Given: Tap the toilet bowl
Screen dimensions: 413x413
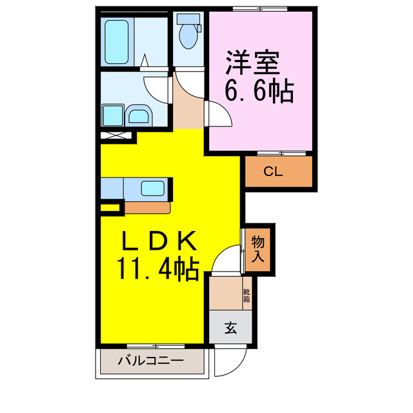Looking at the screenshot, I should [x=189, y=38].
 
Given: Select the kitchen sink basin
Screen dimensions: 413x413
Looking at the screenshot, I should [x=153, y=190].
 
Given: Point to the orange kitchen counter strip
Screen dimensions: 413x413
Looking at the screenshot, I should [x=148, y=208].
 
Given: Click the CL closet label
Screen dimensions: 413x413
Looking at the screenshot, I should [x=272, y=172].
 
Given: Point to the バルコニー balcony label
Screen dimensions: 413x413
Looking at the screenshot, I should [x=150, y=361].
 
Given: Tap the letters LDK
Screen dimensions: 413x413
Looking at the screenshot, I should [x=158, y=240].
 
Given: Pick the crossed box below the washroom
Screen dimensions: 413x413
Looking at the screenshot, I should [x=117, y=137].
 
